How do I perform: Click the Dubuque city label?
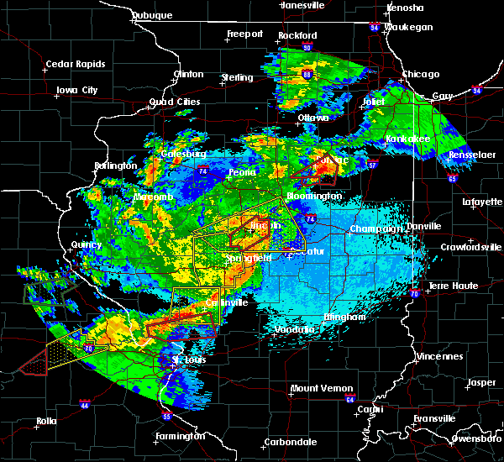tap(153, 15)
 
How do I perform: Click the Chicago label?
tap(420, 74)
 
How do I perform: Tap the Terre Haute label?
tap(454, 286)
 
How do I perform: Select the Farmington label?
tap(180, 436)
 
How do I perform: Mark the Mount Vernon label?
tap(317, 388)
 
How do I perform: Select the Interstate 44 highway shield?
tap(85, 404)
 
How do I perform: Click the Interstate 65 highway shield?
tap(452, 178)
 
